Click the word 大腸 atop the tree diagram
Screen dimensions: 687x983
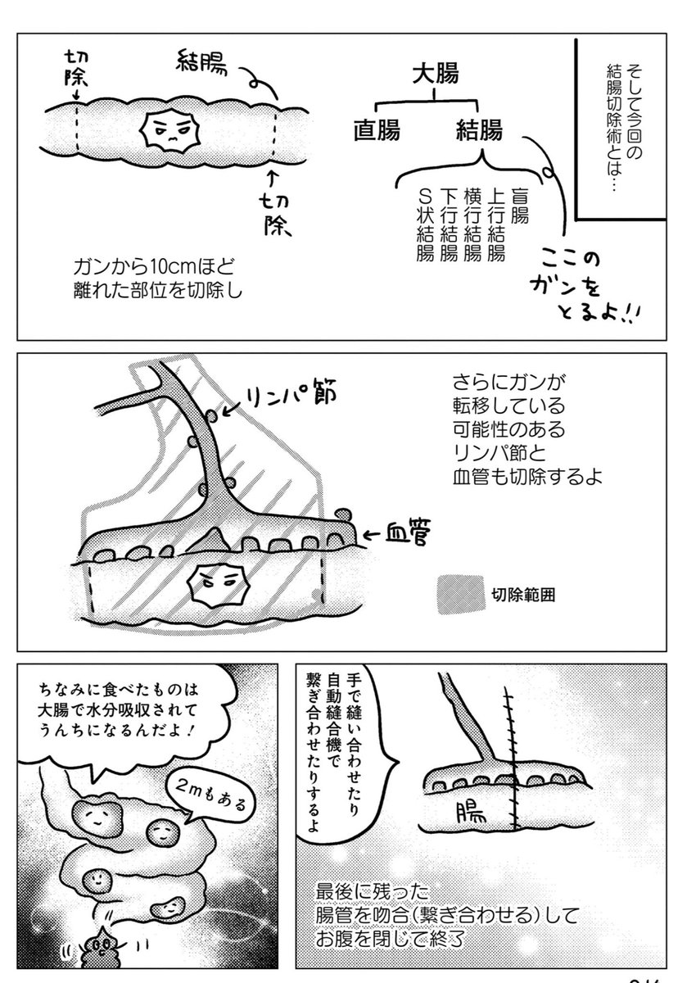tap(435, 73)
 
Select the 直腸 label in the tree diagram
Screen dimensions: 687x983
tap(377, 130)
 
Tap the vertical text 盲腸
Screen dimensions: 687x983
tap(520, 206)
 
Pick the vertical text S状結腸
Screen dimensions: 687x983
tap(425, 224)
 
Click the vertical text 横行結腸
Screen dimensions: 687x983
tap(472, 224)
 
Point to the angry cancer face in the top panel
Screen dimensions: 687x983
tap(169, 130)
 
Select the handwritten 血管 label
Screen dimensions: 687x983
tap(407, 532)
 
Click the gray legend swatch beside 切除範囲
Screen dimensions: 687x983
tap(461, 594)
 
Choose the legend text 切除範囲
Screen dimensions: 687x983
tap(523, 595)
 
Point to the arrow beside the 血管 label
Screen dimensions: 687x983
tap(373, 534)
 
